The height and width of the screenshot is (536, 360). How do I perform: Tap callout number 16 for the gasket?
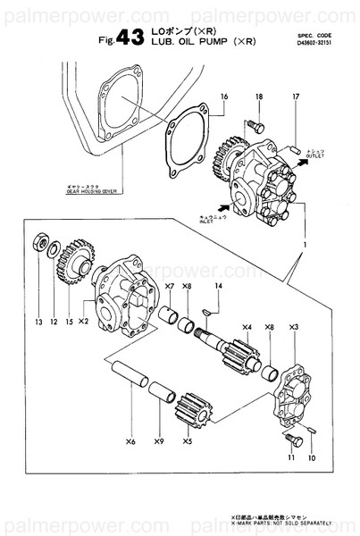click(224, 96)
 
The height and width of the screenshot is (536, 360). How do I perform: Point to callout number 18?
click(258, 96)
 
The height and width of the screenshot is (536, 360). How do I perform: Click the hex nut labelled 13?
click(39, 241)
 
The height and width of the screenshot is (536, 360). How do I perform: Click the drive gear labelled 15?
click(75, 257)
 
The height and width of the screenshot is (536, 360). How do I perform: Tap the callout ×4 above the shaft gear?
click(246, 326)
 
